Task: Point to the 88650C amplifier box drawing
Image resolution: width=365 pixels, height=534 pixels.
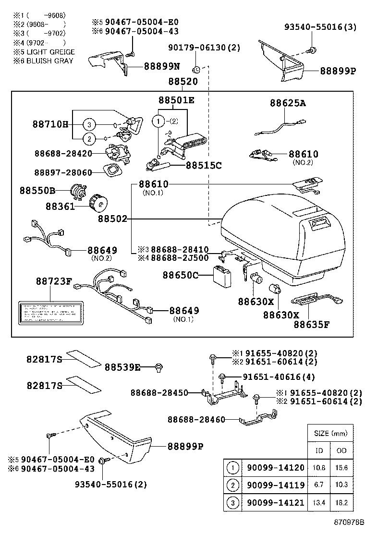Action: [x=223, y=275]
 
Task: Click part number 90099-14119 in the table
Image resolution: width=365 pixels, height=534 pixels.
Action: [x=275, y=485]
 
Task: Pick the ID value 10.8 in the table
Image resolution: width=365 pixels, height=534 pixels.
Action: [x=319, y=468]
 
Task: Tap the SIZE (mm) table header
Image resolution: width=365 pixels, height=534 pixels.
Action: [x=330, y=433]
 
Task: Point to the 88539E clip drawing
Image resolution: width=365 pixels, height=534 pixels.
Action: [x=158, y=368]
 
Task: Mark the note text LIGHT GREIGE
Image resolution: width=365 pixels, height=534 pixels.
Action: [x=50, y=52]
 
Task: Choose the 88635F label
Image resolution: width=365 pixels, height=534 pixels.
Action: [x=312, y=324]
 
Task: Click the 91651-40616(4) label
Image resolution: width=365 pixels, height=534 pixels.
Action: [x=279, y=377]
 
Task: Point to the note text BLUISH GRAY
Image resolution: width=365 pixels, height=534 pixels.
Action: [x=50, y=61]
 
